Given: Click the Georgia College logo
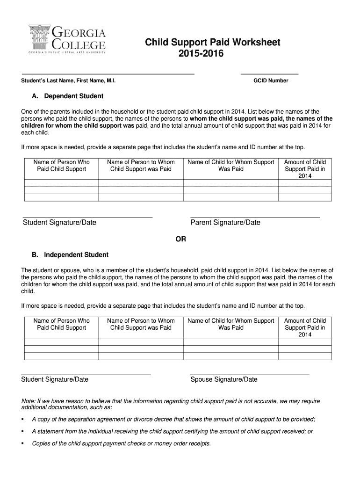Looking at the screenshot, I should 67,40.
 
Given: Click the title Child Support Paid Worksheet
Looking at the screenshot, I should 212,43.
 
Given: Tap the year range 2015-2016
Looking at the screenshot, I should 201,54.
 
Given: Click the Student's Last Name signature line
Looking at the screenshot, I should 108,74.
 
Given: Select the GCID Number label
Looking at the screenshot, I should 271,81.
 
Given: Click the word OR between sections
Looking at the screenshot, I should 180,239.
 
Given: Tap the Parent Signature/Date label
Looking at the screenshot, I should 225,223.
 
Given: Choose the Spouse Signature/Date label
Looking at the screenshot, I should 224,379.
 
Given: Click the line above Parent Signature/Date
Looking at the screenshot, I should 255,218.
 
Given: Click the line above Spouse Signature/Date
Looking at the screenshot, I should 250,375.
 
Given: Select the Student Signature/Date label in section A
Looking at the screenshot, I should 59,223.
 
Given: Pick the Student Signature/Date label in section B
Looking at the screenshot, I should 55,379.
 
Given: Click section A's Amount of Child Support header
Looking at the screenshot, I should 305,169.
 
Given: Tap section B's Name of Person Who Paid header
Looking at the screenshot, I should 61,324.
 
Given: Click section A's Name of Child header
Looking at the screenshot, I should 231,166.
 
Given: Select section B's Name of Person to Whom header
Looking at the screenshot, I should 141,324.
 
